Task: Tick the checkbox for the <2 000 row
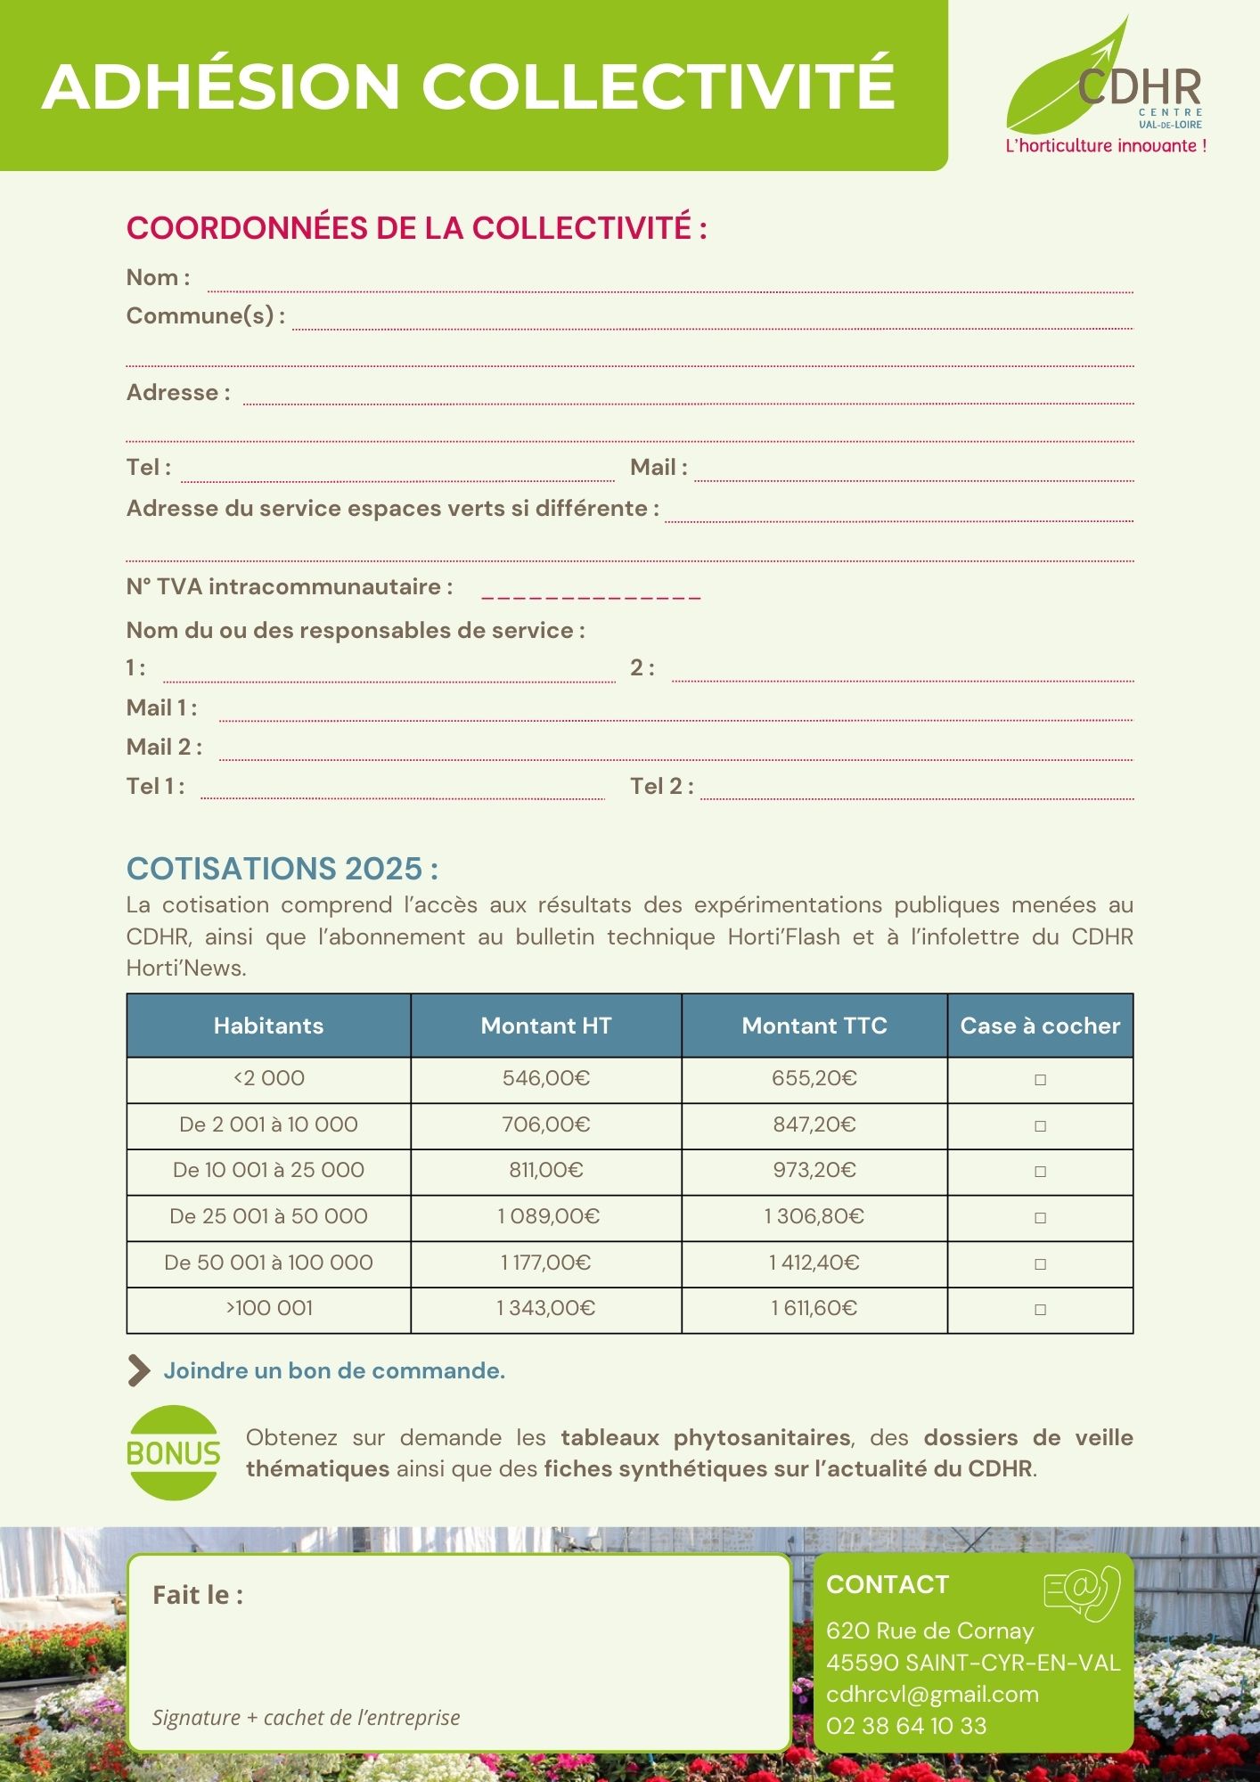[1040, 1080]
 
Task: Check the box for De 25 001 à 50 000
[1040, 1218]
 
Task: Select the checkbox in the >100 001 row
[1040, 1310]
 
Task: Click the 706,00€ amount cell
[545, 1124]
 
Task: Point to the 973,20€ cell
[814, 1170]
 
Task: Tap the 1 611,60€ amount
[814, 1308]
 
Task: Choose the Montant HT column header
[545, 1026]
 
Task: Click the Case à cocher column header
[1040, 1026]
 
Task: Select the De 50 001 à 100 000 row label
[268, 1263]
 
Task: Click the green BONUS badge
[174, 1453]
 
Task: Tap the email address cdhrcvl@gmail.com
[932, 1694]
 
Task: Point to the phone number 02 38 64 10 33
[906, 1726]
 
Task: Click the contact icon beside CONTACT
[1081, 1593]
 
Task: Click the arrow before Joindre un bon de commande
[139, 1371]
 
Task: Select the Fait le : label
[198, 1595]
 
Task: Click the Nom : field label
[158, 278]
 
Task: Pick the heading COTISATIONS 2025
[282, 869]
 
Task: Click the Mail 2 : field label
[164, 747]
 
